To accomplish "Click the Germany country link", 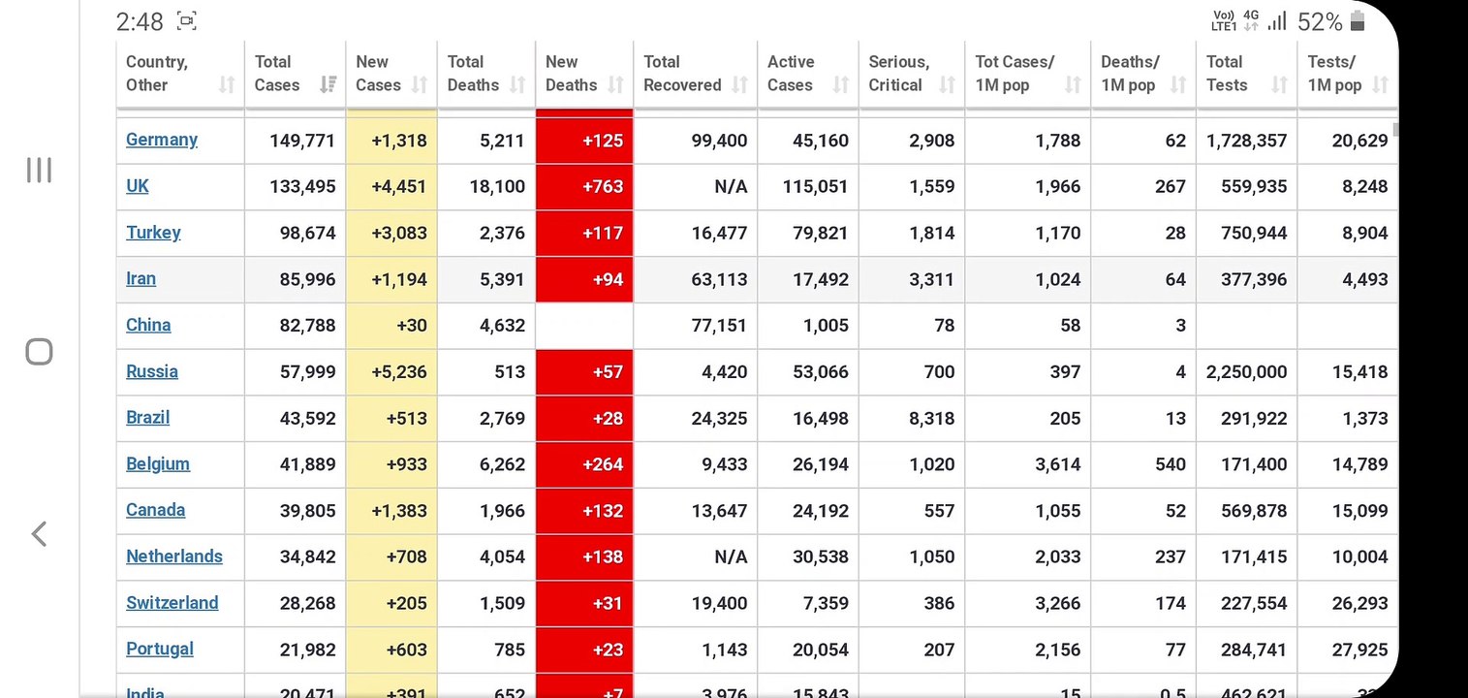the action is tap(161, 141).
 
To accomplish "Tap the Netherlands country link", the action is tap(173, 556).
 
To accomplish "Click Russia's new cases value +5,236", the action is tap(398, 372).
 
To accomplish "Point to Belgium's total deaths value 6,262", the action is tap(502, 464).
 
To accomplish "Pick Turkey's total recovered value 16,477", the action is tap(719, 234).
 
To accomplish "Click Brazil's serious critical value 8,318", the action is tap(931, 418).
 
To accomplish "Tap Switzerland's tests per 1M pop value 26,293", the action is tap(1359, 604).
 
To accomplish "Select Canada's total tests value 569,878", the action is tap(1254, 511).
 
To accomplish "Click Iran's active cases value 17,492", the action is tap(821, 280).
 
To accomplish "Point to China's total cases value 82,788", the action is tap(307, 326).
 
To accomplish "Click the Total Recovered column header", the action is tap(682, 74).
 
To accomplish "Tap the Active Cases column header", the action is tap(791, 74).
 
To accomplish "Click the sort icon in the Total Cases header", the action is tap(328, 84).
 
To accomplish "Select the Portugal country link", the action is tap(159, 650).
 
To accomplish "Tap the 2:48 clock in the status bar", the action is tap(139, 22).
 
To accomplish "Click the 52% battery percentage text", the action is tap(1320, 22).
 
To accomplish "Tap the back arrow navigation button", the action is tap(39, 534).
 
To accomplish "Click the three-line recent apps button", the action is tap(39, 170).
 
